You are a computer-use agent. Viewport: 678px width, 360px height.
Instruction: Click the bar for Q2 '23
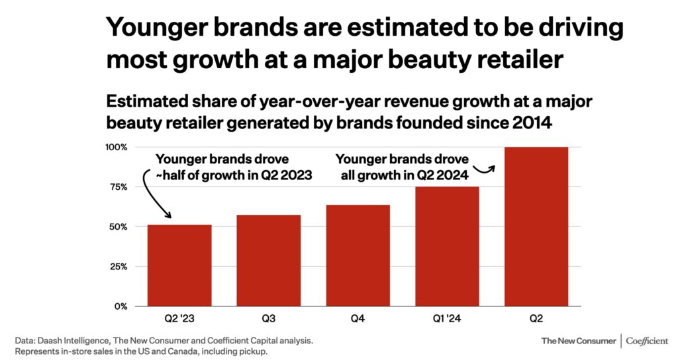tap(179, 265)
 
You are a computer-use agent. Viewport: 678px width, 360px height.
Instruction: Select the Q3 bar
tap(269, 261)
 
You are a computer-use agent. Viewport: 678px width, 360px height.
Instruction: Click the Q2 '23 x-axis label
tap(179, 319)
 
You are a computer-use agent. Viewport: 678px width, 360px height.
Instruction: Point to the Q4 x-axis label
tap(358, 319)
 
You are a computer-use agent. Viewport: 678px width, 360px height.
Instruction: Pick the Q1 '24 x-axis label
tap(447, 319)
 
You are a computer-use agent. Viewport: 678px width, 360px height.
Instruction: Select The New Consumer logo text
tap(578, 341)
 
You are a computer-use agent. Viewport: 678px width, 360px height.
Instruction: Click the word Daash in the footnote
tap(52, 340)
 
